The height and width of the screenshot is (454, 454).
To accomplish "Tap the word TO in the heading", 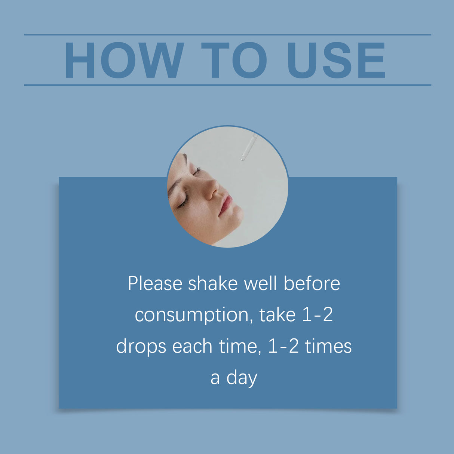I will (234, 60).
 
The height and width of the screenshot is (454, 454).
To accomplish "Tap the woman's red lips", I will (226, 205).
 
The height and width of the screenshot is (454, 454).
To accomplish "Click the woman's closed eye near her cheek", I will (183, 202).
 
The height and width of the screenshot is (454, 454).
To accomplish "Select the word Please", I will (155, 283).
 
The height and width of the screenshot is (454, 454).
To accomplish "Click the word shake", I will (212, 283).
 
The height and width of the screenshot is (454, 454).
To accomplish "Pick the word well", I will (260, 283).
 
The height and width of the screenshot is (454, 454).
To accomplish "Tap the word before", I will (312, 283).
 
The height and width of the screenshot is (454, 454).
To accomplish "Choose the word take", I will (277, 315).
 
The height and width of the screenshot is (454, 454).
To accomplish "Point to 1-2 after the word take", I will (317, 315).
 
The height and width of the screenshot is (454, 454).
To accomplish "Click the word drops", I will (141, 347).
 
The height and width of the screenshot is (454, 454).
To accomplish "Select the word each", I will (192, 346).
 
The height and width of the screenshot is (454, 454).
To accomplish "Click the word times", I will (328, 346).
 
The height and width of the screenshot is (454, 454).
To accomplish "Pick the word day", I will (242, 378).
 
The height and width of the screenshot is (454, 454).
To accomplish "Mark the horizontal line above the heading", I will (227, 35).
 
